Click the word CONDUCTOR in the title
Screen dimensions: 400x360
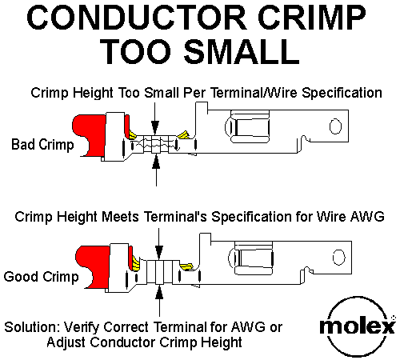click(137, 18)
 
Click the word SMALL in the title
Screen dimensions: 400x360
click(242, 51)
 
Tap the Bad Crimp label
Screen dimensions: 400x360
click(42, 145)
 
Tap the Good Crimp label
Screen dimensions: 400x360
click(42, 277)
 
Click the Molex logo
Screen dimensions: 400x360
click(358, 326)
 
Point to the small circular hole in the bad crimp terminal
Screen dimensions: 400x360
click(335, 126)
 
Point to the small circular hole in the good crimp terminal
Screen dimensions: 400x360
click(338, 258)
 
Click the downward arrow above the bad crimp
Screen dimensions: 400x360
click(155, 118)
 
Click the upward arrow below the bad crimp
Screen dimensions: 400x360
click(156, 170)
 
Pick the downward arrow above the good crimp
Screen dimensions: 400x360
click(159, 243)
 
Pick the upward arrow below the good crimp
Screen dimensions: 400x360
click(159, 301)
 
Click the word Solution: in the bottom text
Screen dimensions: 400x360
click(32, 327)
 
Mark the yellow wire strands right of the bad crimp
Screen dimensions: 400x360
click(183, 135)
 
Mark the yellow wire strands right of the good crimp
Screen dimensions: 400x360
click(186, 266)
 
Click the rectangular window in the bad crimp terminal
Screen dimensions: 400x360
click(250, 126)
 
